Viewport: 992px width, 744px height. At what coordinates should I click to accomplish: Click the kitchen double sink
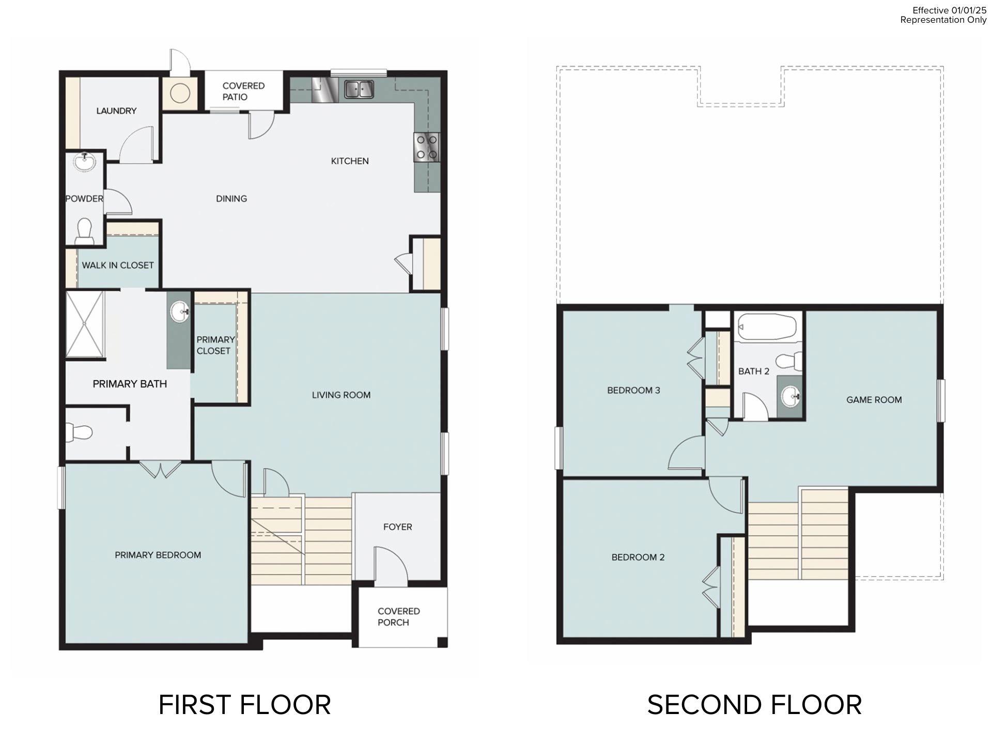tap(359, 89)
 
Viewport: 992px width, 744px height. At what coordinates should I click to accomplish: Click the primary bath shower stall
tap(85, 324)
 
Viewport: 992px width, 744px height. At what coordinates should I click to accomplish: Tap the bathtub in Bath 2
tap(767, 327)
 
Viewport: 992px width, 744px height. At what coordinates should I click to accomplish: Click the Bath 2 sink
tap(790, 396)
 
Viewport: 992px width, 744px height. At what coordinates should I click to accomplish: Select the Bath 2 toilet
tap(790, 361)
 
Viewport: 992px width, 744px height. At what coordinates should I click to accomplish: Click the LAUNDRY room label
tap(116, 111)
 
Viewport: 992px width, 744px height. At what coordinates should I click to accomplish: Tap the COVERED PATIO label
tap(243, 91)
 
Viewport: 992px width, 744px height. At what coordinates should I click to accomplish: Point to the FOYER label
tap(397, 527)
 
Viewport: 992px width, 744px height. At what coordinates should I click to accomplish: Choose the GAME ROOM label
tap(874, 399)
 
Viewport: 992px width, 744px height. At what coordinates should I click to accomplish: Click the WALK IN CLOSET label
tap(118, 265)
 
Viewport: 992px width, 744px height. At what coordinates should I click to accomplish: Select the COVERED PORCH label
tap(398, 616)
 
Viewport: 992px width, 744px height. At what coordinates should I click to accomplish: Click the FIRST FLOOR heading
tap(244, 705)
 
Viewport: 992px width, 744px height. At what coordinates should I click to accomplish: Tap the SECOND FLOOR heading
tap(754, 705)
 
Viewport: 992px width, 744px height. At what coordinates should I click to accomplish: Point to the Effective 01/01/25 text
tap(950, 10)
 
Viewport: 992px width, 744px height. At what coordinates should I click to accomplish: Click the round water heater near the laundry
tap(180, 94)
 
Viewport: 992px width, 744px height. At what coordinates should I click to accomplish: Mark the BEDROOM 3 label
tap(633, 390)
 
